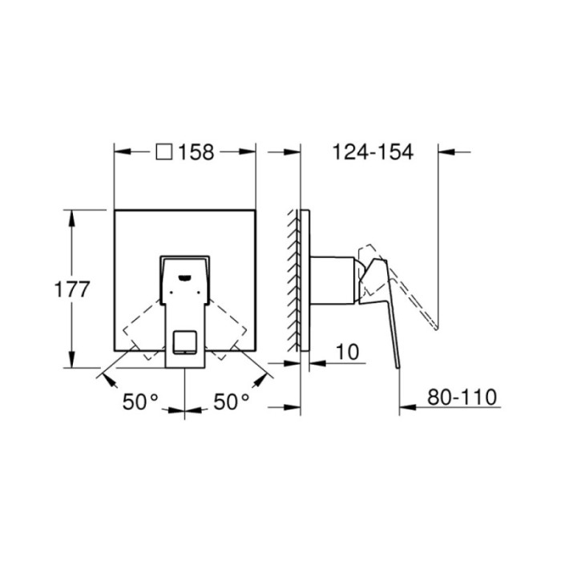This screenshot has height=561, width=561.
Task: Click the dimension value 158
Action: (197, 151)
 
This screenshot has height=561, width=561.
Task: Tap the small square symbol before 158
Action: (165, 151)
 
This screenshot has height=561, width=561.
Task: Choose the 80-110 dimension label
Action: (463, 397)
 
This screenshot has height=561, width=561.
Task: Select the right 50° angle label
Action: (232, 402)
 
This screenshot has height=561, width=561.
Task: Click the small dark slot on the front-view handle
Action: (186, 278)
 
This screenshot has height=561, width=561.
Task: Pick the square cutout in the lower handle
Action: (186, 342)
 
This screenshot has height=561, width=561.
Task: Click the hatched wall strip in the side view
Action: (293, 280)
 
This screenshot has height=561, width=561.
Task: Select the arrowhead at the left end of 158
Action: (121, 151)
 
